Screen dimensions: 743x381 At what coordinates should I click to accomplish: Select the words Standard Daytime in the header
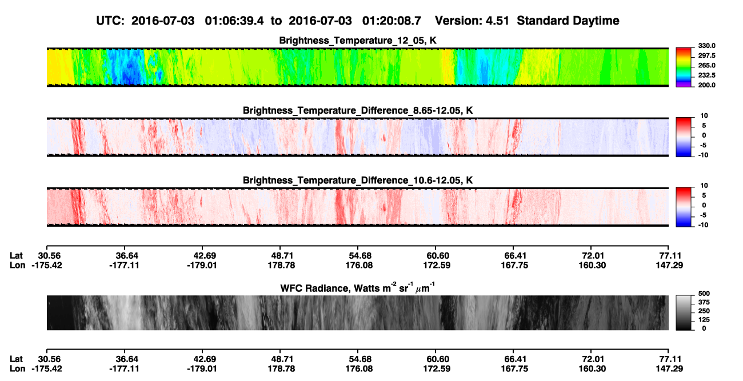tap(568, 21)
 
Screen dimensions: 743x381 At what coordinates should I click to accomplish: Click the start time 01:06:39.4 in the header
tap(234, 21)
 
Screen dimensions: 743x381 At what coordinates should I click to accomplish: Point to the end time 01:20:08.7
tap(392, 21)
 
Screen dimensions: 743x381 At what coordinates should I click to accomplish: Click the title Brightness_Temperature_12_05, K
tap(358, 41)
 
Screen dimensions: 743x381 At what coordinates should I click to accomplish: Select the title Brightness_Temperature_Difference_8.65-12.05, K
tap(358, 110)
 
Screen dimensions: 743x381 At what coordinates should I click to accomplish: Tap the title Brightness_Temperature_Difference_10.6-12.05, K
tap(358, 181)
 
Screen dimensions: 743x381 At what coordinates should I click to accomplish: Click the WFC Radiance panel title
tap(358, 288)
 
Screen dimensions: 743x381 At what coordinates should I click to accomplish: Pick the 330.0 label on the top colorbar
tap(706, 46)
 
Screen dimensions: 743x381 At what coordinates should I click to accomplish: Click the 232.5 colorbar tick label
tap(706, 75)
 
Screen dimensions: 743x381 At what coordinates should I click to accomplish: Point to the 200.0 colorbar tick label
tap(706, 85)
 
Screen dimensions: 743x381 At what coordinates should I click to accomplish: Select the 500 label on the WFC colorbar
tap(704, 294)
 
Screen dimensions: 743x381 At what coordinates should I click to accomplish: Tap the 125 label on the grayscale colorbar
tap(704, 320)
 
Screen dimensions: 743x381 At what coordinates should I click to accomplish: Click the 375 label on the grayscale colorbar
tap(704, 302)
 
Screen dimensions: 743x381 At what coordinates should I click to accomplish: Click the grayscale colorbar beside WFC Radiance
tap(684, 312)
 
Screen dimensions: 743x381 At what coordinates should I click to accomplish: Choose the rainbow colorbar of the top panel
tap(684, 67)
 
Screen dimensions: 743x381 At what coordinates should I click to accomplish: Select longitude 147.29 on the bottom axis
tap(669, 369)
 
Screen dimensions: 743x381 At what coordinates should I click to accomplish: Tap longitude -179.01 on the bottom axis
tap(202, 369)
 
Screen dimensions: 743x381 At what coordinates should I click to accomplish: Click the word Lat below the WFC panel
tap(16, 359)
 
